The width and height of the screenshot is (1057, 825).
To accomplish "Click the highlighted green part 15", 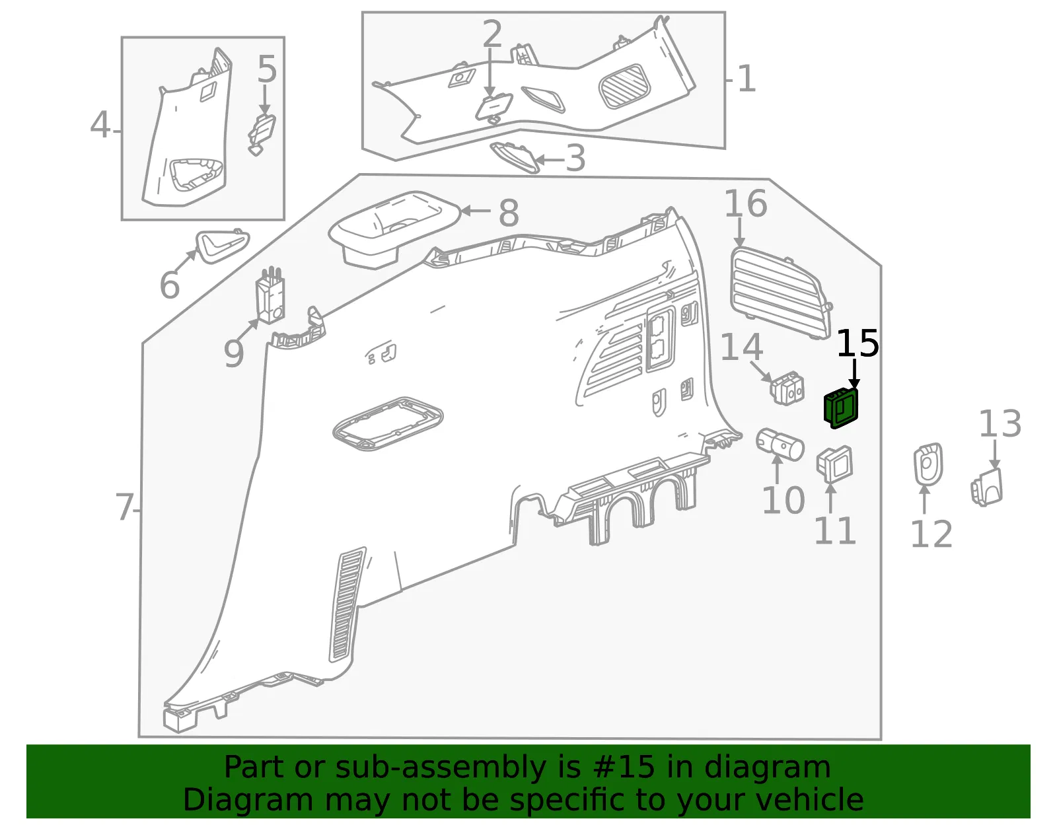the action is tap(840, 408).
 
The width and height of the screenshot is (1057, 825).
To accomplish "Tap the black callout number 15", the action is tap(857, 343).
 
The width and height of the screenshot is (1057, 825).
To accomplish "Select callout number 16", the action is tap(746, 203).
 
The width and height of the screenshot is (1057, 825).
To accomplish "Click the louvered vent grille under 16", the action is tap(780, 293).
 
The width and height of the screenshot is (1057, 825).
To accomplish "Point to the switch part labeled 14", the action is tap(787, 388).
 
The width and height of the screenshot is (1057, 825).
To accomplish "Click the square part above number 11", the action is tap(834, 464).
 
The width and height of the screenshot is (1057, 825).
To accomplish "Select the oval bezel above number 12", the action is tap(928, 464).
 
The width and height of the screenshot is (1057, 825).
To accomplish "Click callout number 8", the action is tap(509, 213).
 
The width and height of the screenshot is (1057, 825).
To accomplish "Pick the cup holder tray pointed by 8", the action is tap(394, 229).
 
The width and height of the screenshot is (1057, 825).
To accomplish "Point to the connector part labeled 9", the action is tap(270, 295).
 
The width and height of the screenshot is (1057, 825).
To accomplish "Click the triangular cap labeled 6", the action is tap(222, 246).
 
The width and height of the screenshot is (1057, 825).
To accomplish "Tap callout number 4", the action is tap(100, 125).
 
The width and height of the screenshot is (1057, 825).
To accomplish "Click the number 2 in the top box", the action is tap(492, 34).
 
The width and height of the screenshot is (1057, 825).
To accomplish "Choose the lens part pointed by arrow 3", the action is tap(515, 157).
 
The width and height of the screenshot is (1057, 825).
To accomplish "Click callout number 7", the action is tap(124, 507).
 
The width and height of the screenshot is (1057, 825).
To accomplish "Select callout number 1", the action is tap(747, 79).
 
